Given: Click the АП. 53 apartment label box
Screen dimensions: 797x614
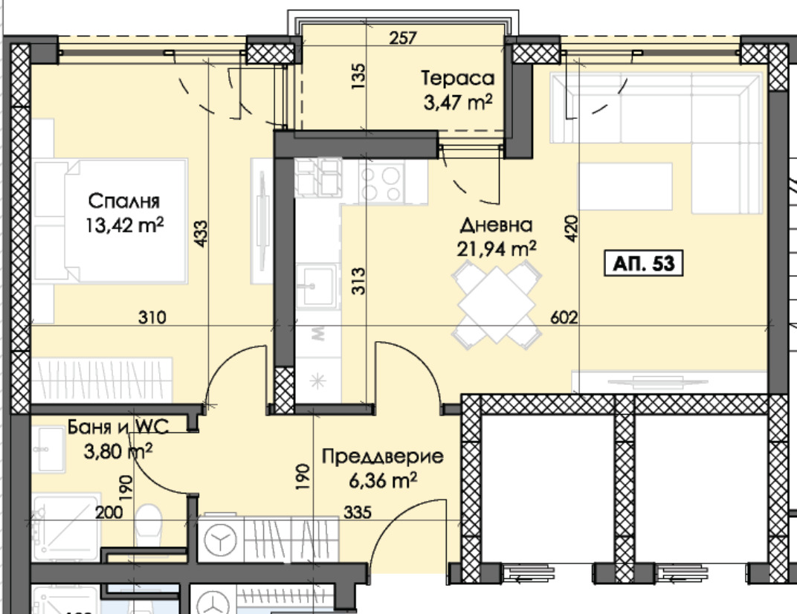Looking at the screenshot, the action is coord(643,263).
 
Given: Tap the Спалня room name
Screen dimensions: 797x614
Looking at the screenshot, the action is coord(124,201).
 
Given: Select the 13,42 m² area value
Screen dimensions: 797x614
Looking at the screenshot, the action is coord(125,224).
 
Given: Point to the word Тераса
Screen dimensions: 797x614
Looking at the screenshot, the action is coord(457,78).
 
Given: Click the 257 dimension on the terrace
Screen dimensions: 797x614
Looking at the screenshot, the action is coord(403,38).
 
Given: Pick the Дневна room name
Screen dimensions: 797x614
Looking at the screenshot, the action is coord(496,225).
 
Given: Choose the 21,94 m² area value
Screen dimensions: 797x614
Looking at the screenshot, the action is coord(496,249).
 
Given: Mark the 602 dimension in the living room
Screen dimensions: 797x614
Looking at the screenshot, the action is coord(564,317).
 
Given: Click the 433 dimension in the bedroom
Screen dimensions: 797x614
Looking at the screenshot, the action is coord(201,234).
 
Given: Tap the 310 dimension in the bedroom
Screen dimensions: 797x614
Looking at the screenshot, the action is coord(152,317).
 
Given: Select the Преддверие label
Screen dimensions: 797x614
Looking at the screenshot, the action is coord(382,456).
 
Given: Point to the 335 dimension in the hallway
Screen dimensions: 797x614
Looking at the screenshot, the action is coord(358,512).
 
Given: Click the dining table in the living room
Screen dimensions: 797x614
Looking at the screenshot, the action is coord(497,305).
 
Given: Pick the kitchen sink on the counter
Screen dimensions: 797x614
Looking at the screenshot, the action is coord(316,286).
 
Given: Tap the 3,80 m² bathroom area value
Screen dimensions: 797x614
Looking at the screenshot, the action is coord(118,451).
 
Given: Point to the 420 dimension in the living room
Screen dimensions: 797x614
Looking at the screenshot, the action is coord(571,228).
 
